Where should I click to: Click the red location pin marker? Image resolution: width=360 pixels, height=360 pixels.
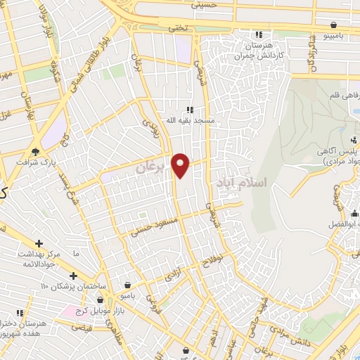181,165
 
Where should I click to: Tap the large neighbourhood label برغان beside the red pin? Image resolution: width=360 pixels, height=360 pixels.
150,167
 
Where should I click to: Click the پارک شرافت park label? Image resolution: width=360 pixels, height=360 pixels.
35,161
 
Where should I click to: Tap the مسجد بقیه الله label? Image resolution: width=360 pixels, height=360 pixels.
189,120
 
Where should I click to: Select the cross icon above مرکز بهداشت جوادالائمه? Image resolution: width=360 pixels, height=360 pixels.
73,274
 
